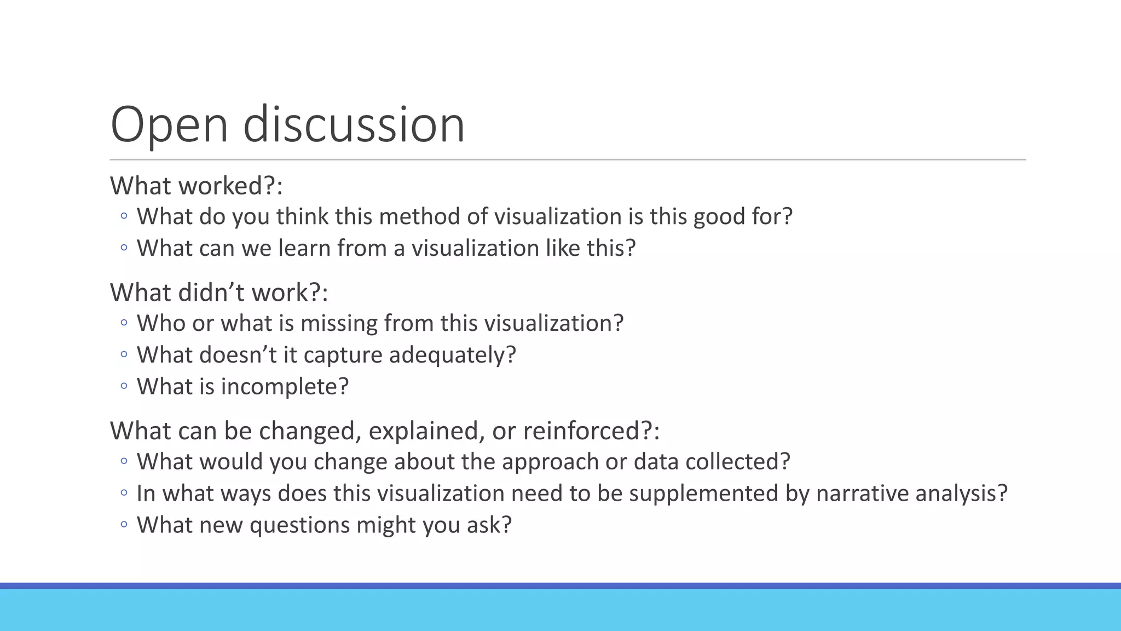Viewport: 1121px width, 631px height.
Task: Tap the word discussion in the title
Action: coord(354,125)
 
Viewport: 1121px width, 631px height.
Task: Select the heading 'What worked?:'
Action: coord(196,186)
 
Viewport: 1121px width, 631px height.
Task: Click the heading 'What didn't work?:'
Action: coord(219,292)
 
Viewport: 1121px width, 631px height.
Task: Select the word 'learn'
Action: coord(304,248)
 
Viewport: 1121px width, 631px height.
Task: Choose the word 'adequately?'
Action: coord(453,355)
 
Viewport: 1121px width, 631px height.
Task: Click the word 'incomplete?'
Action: coord(285,387)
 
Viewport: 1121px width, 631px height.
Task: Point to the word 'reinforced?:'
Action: coord(591,431)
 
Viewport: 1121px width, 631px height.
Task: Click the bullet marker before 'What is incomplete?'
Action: coord(124,386)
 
